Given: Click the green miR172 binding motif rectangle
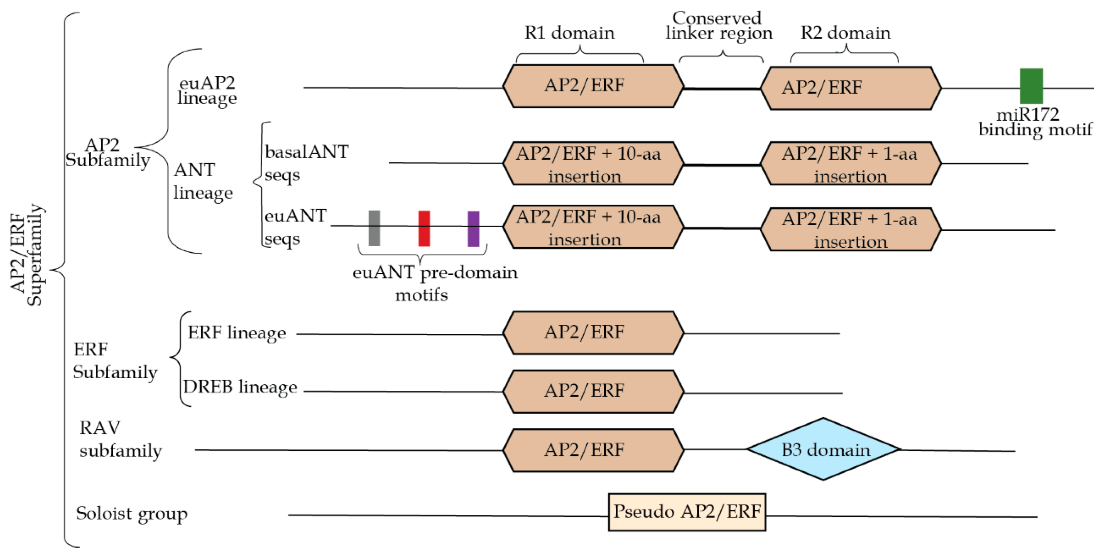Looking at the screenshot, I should point(1031,86).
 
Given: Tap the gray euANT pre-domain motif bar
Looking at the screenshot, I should point(374,228).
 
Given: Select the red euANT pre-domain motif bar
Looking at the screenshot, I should point(424,228).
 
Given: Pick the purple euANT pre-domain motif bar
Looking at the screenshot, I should point(473,228).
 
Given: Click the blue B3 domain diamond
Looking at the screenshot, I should point(823,449).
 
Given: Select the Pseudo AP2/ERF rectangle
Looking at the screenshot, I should point(687,512).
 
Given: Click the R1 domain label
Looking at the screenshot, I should point(569,33).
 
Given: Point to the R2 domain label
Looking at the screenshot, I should point(845,33).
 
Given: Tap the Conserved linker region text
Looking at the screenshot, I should point(718,26).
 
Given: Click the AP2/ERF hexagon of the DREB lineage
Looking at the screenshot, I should point(593,391).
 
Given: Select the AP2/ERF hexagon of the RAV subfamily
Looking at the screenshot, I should point(593,450).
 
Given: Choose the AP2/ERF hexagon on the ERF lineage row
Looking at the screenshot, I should point(593,332).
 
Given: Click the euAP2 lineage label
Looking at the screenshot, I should point(207,90).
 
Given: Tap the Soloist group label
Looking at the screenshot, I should point(132,513).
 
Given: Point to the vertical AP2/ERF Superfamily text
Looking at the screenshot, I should point(27,255).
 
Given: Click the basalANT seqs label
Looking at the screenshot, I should point(306,163).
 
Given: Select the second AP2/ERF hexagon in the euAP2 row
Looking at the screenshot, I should point(850,88).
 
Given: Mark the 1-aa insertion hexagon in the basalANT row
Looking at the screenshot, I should point(850,164).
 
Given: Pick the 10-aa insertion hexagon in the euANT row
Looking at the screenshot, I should point(593,227).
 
